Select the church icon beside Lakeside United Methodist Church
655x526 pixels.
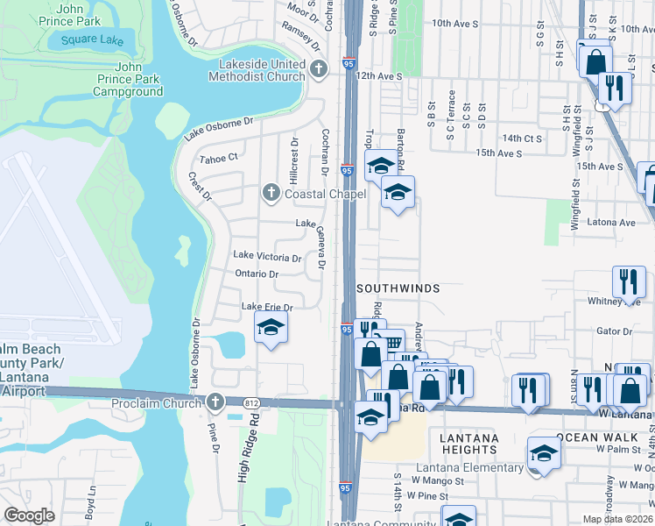(318, 68)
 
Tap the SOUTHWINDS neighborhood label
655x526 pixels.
(398, 288)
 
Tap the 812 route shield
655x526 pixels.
(252, 402)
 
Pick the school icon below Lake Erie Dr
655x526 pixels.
(271, 329)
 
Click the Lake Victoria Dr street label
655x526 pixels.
(267, 258)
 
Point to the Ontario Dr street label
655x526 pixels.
(257, 274)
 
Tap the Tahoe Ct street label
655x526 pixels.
(219, 158)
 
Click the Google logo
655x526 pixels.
(29, 515)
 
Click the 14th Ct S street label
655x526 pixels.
(522, 139)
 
